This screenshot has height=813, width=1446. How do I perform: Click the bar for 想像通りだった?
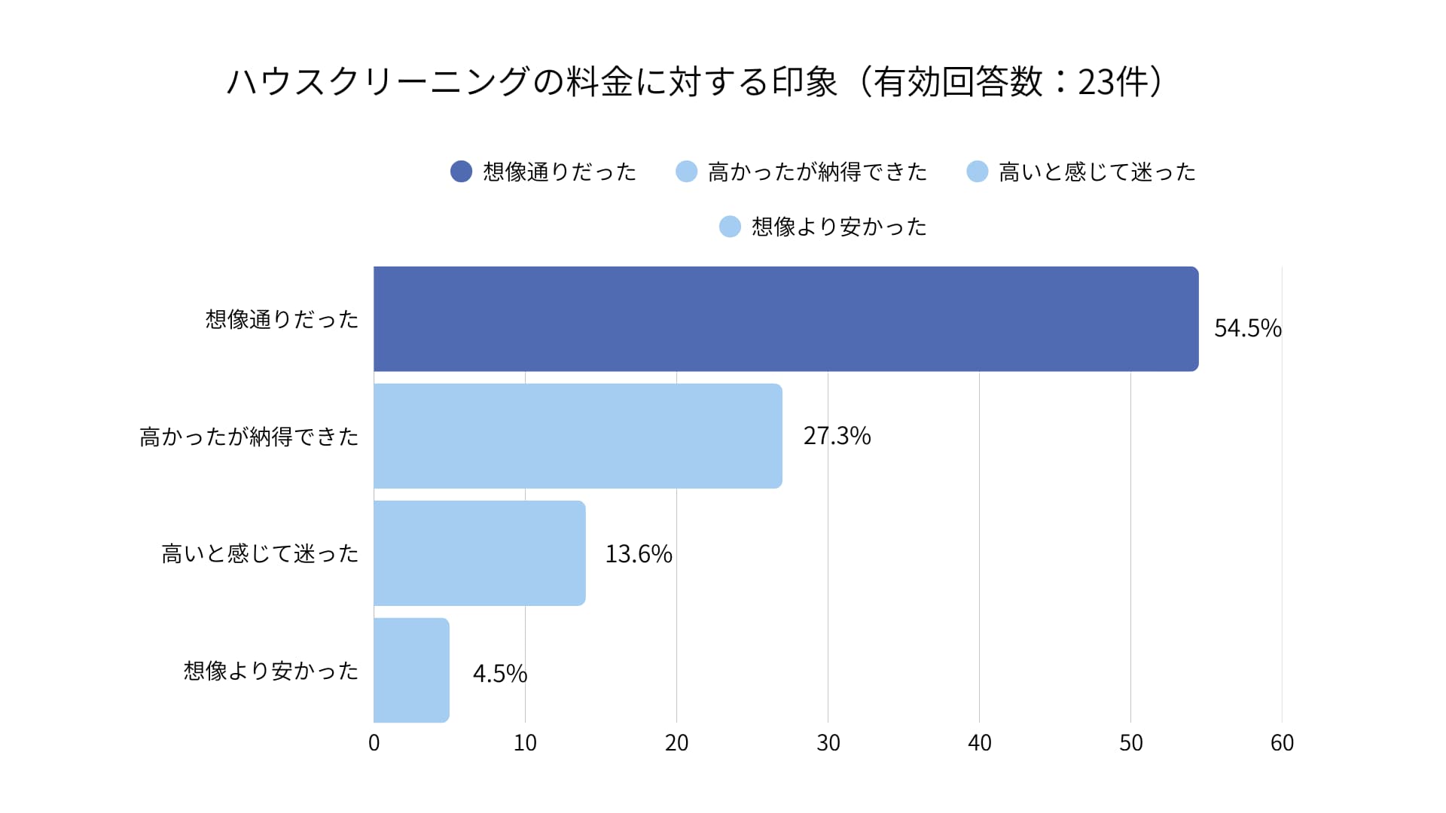tap(786, 318)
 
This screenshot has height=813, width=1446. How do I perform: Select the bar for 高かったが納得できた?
tap(578, 436)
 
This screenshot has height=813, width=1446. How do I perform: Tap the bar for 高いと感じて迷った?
tap(479, 553)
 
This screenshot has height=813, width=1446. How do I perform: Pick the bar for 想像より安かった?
tap(411, 670)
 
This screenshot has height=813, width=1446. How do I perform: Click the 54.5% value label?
tap(1247, 328)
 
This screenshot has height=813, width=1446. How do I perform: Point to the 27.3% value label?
tap(837, 436)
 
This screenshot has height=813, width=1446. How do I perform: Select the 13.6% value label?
tap(638, 554)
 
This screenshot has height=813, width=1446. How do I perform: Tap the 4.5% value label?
tap(499, 673)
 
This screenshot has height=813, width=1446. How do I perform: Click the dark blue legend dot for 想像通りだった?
tap(461, 172)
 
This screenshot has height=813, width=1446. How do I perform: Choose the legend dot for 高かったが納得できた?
tap(686, 172)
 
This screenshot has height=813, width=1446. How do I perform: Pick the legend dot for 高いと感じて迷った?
tap(977, 172)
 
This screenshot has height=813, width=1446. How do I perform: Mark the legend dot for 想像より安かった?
tap(730, 227)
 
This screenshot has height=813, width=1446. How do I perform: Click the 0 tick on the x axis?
tap(374, 743)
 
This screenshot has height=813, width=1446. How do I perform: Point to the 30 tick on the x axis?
tap(828, 743)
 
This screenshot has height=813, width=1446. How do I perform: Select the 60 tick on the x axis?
tap(1282, 743)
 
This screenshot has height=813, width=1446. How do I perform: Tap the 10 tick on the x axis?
tap(525, 743)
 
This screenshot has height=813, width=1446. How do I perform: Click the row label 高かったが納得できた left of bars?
tap(249, 437)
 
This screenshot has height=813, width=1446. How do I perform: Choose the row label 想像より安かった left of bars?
tap(271, 671)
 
